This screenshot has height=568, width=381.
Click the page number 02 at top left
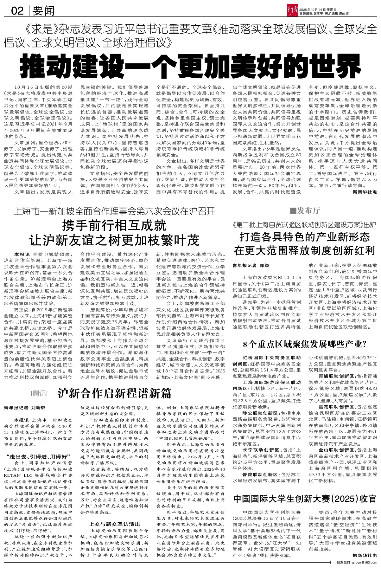pyautogui.click(x=17, y=11)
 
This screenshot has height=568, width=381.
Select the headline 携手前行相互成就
pyautogui.click(x=114, y=226)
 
